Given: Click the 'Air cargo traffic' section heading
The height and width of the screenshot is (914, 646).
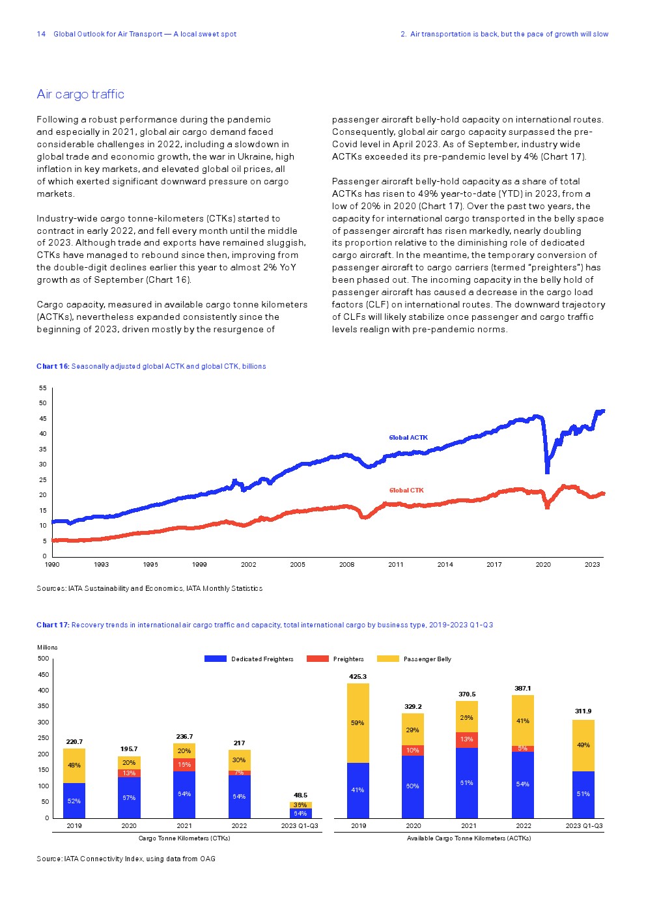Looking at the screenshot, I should click(x=80, y=94).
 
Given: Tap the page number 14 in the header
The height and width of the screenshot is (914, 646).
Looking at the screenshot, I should click(x=41, y=34).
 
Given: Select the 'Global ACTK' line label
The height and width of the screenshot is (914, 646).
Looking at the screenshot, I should click(x=408, y=438).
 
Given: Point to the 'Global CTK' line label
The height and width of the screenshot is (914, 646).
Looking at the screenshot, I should click(x=406, y=491).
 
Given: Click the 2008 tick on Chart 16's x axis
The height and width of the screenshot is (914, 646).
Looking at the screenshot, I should click(x=346, y=565).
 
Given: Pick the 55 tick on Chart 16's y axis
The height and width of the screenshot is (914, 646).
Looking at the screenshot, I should click(x=43, y=388).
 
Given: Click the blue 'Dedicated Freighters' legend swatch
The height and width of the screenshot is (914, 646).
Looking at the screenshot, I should click(x=216, y=659).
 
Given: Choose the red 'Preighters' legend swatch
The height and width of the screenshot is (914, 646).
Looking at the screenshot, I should click(x=318, y=659).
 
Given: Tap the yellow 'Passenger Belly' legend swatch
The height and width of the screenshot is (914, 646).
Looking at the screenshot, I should click(x=388, y=659).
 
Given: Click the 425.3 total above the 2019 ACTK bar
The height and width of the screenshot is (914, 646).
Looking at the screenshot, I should click(x=358, y=677).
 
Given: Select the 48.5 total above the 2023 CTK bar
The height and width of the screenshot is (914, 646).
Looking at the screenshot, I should click(x=300, y=795).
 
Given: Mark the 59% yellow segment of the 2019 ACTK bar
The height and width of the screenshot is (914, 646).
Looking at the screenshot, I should click(x=358, y=723).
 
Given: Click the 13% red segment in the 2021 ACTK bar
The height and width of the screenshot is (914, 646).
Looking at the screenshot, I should click(x=467, y=739).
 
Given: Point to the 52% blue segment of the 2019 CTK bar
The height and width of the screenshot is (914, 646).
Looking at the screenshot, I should click(x=74, y=801).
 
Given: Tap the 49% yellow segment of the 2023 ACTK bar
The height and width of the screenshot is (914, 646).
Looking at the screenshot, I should click(x=583, y=745).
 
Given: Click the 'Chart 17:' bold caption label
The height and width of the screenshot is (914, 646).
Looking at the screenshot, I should click(x=53, y=625).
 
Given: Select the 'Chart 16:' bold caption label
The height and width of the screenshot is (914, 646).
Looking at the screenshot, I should click(x=53, y=366).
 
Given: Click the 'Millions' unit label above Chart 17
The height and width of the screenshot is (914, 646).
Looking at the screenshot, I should click(x=48, y=648).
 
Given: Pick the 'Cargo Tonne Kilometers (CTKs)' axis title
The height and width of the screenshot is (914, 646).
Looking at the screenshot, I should click(x=184, y=838).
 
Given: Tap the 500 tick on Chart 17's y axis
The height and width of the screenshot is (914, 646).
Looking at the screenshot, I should click(x=43, y=659).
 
